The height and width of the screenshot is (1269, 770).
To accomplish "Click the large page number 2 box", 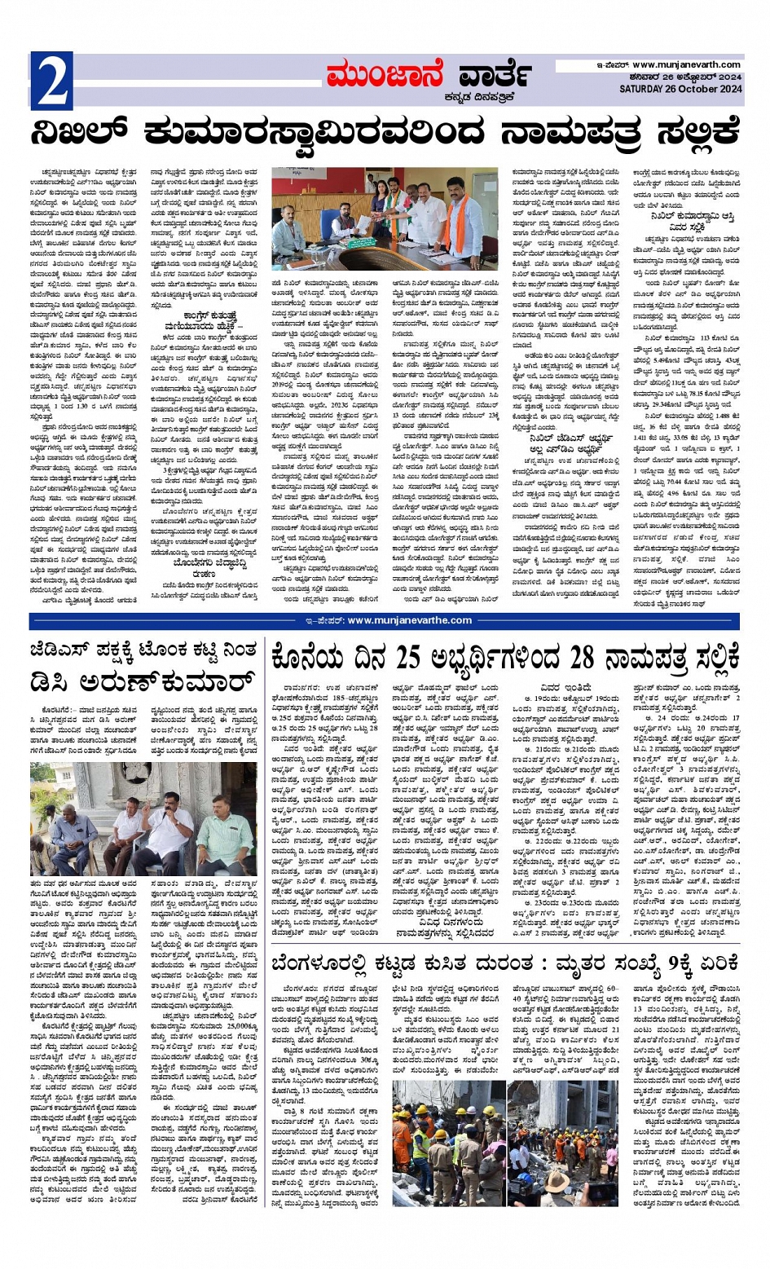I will point(51,81).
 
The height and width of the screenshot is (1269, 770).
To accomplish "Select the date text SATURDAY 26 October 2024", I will point(680,88).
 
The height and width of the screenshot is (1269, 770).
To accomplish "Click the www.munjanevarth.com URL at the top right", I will point(686,65).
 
